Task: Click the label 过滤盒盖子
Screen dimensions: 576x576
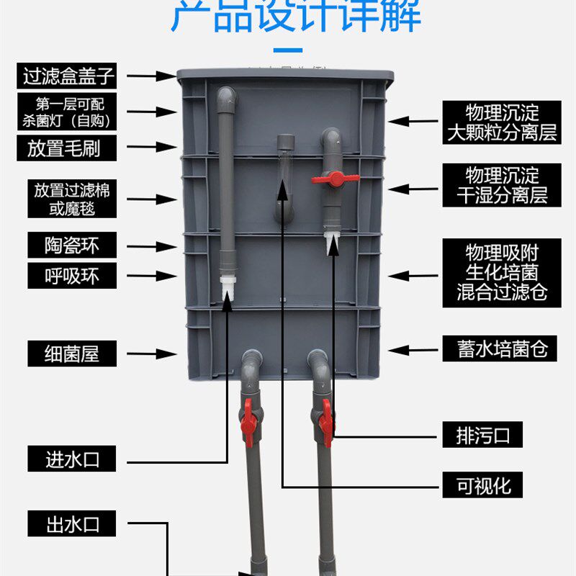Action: tap(69, 75)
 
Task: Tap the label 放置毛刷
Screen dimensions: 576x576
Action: tap(69, 148)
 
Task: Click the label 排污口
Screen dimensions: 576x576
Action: tap(481, 435)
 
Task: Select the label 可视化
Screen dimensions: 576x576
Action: tap(481, 484)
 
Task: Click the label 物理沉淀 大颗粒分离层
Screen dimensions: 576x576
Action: tap(502, 122)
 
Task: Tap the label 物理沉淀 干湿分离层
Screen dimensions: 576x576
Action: tap(502, 184)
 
